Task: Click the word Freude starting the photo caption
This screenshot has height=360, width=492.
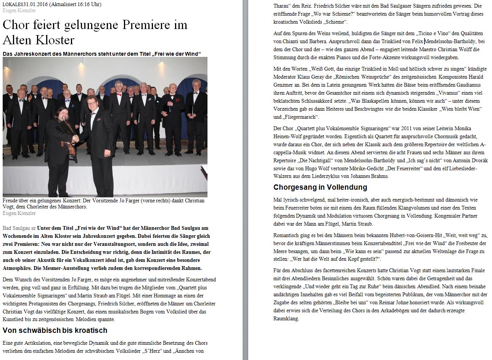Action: [10, 201]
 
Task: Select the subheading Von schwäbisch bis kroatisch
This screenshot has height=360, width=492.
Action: [55, 331]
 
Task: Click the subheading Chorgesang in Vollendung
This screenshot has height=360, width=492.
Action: [320, 187]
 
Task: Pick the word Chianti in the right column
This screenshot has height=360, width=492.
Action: [297, 41]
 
